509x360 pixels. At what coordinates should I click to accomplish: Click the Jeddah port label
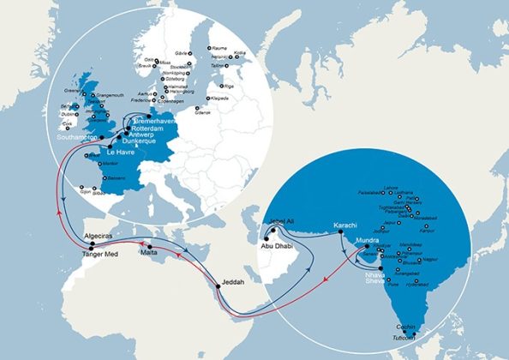click(231, 282)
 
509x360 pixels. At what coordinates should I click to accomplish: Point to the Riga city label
click(228, 87)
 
